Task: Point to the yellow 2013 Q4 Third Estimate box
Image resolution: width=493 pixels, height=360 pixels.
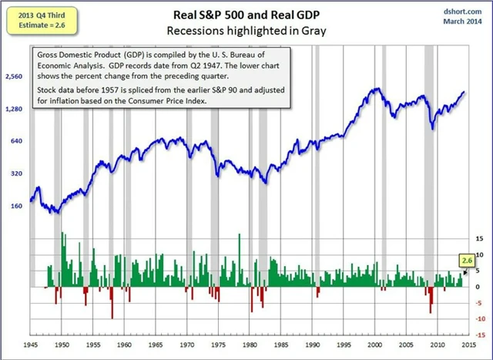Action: pos(33,19)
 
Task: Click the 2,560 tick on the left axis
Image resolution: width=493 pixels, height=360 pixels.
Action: pos(13,77)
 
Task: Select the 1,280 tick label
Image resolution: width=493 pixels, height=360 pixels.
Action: pos(13,109)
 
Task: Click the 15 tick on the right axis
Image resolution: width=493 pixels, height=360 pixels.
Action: pos(480,239)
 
